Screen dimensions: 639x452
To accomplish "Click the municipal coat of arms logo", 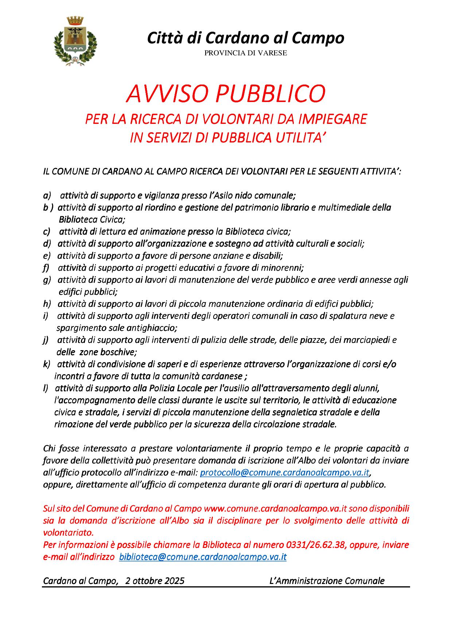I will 75,40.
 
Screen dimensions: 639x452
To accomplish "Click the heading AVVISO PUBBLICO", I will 226,94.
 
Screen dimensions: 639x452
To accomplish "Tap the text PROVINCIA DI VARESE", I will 245,53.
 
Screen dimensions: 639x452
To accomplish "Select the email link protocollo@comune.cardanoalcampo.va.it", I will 285,473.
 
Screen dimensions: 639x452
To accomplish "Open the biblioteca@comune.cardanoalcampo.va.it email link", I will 203,557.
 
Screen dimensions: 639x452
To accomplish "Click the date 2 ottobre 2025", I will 155,581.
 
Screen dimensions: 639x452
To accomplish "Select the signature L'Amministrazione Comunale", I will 327,581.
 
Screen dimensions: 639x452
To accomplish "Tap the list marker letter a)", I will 47,195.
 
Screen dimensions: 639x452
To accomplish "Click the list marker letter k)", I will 47,364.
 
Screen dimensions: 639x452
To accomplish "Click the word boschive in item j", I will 118,352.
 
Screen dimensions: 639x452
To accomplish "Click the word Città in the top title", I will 164,38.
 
